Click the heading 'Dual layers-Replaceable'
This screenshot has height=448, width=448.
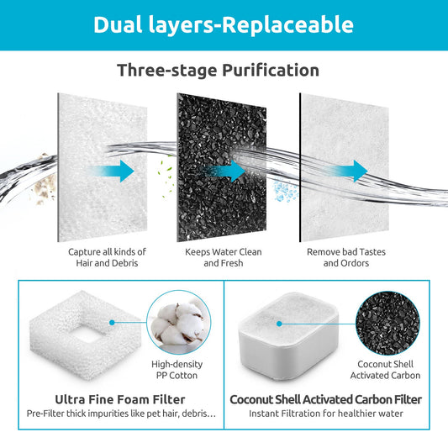(224, 24)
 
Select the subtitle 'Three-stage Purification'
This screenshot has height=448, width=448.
(218, 70)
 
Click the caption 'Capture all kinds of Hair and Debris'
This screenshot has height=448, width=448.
(107, 257)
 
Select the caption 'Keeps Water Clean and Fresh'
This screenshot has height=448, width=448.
(223, 257)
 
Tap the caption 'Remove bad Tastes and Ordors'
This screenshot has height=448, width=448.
(340, 257)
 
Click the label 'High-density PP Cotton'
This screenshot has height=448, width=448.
(175, 370)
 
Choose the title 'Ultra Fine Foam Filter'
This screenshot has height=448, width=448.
(119, 399)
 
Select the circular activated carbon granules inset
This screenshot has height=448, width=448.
(384, 320)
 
